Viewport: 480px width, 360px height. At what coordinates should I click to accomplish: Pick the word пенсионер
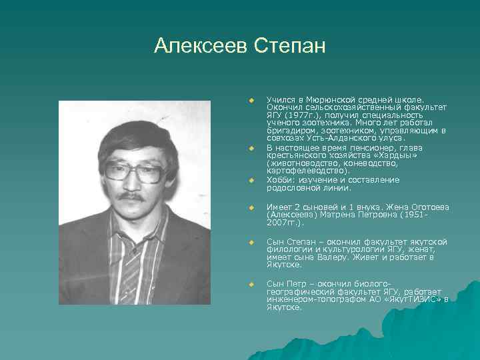pyautogui.click(x=367, y=147)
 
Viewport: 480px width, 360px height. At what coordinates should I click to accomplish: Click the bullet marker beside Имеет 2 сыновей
pyautogui.click(x=252, y=207)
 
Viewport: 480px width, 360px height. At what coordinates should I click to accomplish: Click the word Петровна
pyautogui.click(x=372, y=215)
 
